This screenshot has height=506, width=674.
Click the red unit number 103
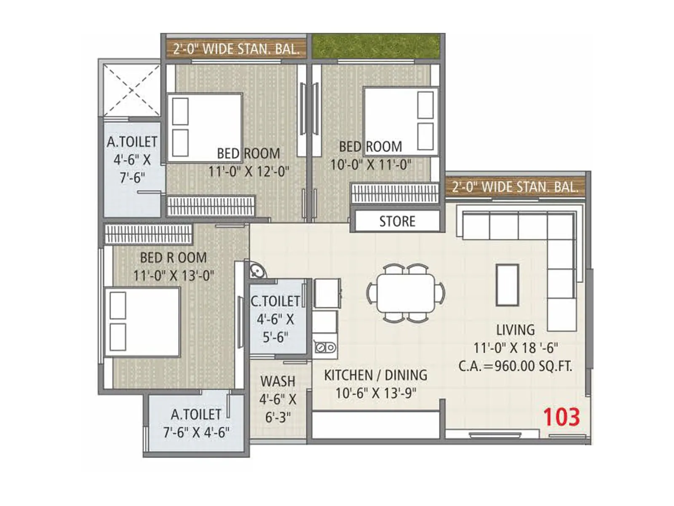click(x=561, y=417)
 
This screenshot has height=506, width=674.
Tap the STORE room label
click(x=397, y=221)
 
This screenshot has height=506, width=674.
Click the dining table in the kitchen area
click(x=406, y=293)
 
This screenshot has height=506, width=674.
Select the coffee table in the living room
click(x=507, y=285)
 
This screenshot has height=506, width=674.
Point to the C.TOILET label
click(x=275, y=301)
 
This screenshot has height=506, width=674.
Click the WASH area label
click(x=278, y=381)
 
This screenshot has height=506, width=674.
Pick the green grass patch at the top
click(x=376, y=46)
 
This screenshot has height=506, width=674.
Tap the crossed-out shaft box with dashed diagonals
click(x=131, y=89)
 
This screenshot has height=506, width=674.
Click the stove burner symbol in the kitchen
click(x=325, y=347)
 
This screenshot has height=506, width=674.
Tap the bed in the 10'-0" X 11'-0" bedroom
click(x=401, y=121)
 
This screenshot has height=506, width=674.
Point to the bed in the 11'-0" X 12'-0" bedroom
click(x=205, y=128)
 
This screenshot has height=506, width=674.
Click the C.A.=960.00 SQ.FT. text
click(x=515, y=366)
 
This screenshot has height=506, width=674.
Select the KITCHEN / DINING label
click(x=375, y=375)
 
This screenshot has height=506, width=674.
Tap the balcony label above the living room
click(x=515, y=187)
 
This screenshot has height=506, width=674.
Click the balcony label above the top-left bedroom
click(x=236, y=49)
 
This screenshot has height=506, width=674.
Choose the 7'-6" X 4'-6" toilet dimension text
click(x=196, y=433)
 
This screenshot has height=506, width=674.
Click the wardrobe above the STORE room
click(x=395, y=193)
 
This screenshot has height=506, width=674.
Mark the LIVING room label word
click(x=515, y=330)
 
